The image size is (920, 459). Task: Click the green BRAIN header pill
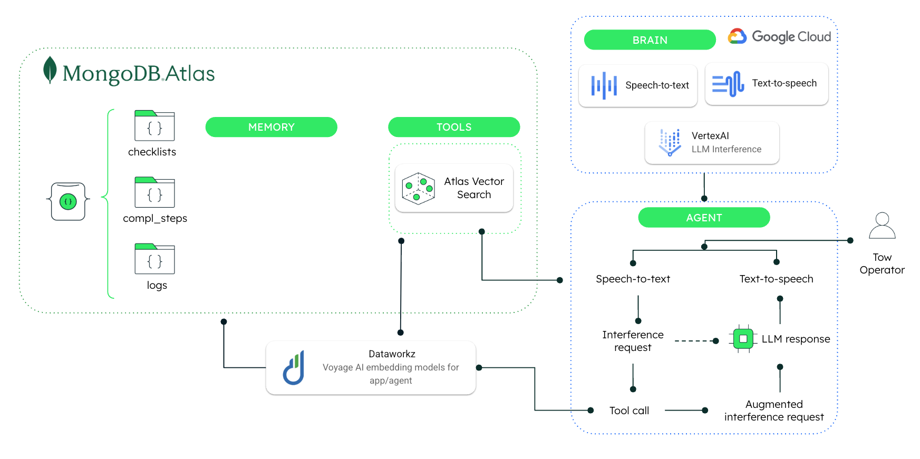[650, 40]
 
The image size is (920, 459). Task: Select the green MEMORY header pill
[271, 127]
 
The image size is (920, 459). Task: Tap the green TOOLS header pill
[454, 127]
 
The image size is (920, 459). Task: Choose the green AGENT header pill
[704, 218]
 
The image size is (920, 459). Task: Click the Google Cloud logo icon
[737, 36]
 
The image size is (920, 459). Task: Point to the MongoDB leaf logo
[50, 70]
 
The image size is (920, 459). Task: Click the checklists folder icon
[154, 126]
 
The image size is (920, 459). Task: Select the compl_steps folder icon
[154, 192]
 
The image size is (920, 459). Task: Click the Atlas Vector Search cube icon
[418, 189]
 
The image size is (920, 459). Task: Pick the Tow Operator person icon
[882, 226]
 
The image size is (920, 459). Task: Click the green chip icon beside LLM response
[743, 339]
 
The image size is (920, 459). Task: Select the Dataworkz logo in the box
[294, 368]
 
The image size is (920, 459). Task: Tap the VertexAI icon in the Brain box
[670, 142]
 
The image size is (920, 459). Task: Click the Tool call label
[629, 411]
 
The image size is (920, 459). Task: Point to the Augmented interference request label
[774, 411]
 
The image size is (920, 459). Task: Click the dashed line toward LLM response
[693, 341]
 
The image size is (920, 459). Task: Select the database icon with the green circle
[68, 201]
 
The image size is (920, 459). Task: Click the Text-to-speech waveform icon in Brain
[728, 84]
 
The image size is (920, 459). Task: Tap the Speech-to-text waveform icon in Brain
[604, 85]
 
